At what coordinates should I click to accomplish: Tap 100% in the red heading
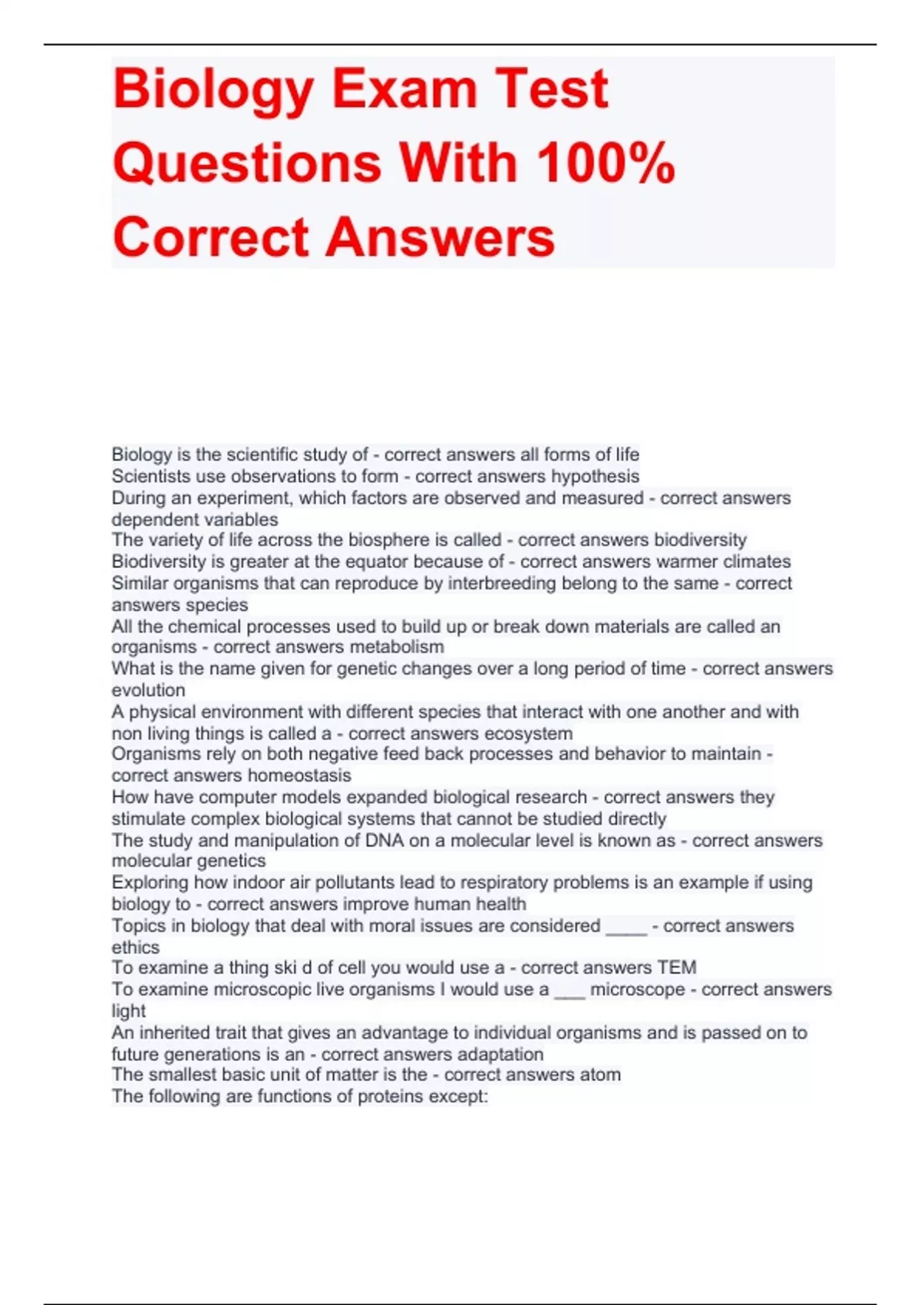(x=606, y=163)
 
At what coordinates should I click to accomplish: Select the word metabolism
(x=397, y=647)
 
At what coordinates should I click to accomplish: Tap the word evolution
(x=148, y=690)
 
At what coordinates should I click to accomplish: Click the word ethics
(x=136, y=947)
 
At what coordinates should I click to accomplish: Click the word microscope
(x=637, y=989)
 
